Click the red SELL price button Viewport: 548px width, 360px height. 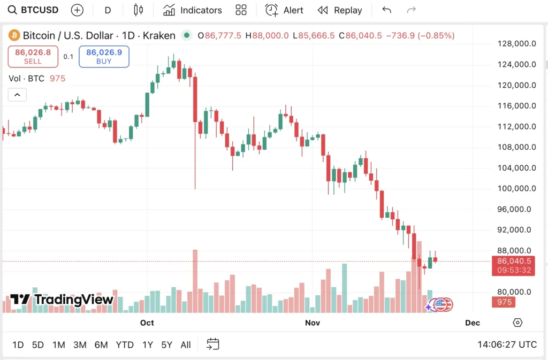33,57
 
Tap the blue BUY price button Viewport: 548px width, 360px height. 104,57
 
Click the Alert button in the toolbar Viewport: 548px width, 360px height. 285,10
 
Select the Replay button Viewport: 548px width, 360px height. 340,10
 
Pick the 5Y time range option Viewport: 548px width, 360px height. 167,345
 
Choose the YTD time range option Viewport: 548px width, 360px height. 125,345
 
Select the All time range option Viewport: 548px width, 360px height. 186,345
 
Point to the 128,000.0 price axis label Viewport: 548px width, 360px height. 516,44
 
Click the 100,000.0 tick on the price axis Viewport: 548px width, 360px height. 516,188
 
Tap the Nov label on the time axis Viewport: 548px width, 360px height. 312,323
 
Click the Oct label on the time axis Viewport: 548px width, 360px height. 147,323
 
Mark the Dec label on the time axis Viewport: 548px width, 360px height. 473,323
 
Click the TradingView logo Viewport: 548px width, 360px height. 62,300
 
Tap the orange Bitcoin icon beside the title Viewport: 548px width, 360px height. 13,36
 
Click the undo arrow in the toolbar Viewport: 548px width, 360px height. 387,10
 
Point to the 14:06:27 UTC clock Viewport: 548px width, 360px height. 507,345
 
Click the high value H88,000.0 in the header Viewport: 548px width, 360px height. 267,36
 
